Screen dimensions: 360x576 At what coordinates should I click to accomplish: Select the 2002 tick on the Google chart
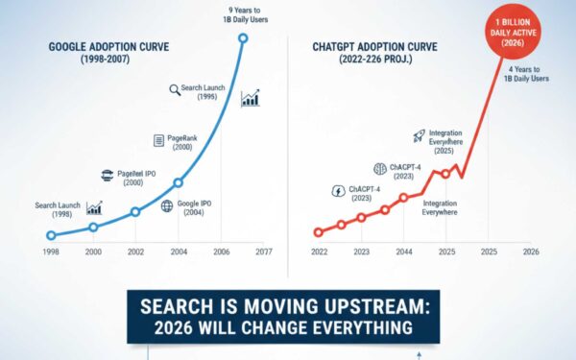(135, 252)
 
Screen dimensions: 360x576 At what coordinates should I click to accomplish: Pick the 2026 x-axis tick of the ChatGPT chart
(529, 252)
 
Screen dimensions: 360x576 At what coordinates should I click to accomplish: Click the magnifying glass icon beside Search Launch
(175, 89)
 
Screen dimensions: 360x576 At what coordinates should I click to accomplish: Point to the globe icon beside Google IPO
(166, 205)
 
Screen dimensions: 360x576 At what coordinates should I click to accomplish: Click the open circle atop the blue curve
(242, 38)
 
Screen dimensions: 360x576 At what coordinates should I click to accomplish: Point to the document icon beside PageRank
(159, 141)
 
